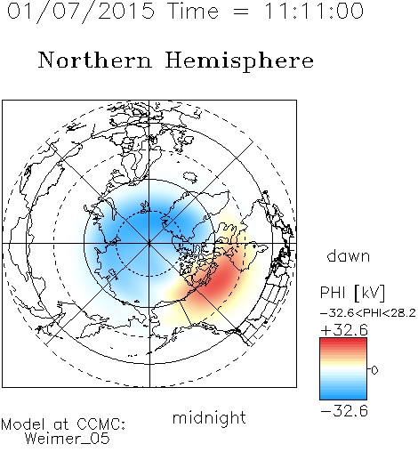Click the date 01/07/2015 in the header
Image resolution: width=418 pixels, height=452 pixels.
[81, 12]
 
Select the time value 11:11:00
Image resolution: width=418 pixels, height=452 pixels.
[314, 12]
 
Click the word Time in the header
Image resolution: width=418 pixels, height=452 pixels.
[193, 12]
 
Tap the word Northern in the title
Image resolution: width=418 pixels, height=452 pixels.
[95, 60]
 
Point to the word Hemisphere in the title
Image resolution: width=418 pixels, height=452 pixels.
[239, 61]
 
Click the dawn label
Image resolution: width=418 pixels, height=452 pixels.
[349, 255]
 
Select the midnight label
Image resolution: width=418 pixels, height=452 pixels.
[209, 418]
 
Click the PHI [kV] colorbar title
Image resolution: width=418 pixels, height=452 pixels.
[353, 293]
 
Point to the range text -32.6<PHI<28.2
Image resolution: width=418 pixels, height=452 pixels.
[368, 313]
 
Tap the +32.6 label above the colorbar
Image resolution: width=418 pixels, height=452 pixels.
[344, 330]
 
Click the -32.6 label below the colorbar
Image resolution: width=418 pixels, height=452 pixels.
[344, 411]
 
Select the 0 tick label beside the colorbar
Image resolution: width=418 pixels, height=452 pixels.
[374, 370]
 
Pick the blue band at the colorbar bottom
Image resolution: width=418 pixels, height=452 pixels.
[343, 394]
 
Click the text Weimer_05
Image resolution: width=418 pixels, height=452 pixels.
[68, 439]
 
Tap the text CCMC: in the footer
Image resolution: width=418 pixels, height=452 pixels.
[101, 424]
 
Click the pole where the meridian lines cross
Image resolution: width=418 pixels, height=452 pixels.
[149, 244]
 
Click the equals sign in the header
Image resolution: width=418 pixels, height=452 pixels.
[241, 12]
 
